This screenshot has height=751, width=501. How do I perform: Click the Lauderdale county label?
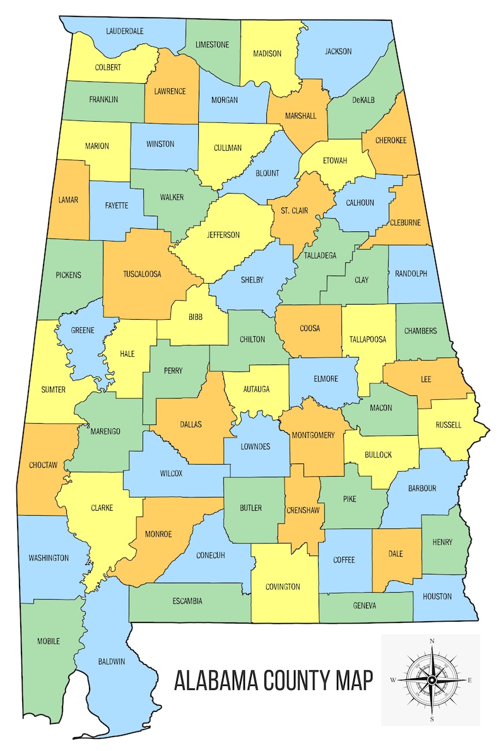[x=124, y=31]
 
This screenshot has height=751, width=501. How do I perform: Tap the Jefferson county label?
[x=223, y=235]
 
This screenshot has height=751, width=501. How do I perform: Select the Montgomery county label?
[x=313, y=435]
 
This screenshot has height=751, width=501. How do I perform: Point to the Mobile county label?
[x=49, y=641]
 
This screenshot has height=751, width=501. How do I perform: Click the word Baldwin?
[x=112, y=661]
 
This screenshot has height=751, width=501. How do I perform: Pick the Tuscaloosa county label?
[x=142, y=274]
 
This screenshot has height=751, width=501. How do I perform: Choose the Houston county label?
[x=437, y=596]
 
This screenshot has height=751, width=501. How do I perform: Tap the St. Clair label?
[x=295, y=211]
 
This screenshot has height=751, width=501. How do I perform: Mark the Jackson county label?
[x=338, y=52]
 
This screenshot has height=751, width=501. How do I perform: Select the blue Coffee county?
[x=344, y=560]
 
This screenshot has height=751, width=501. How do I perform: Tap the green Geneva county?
[x=365, y=606]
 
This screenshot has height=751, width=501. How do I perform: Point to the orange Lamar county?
[x=68, y=200]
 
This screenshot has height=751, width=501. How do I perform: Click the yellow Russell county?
[x=449, y=425]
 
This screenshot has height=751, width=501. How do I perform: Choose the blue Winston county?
[x=160, y=144]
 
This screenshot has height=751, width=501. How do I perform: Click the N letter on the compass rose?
[x=432, y=641]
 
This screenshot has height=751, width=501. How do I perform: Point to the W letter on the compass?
[x=392, y=680]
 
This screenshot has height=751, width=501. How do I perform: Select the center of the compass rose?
[x=432, y=680]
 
